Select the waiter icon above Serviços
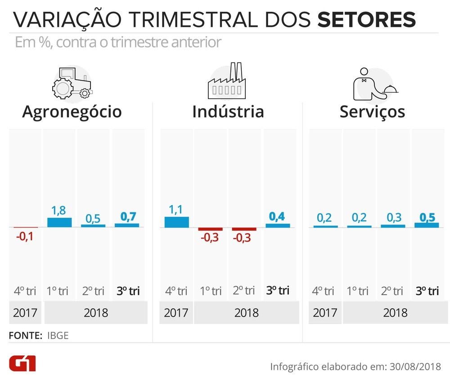tap(374, 84)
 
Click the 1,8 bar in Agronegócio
tap(59, 222)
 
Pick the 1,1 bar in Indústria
tap(177, 222)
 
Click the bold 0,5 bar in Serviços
tap(426, 225)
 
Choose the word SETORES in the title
tap(366, 20)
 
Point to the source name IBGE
tap(58, 335)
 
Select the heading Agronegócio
tap(72, 111)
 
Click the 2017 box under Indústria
tap(176, 312)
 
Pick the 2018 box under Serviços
tap(395, 312)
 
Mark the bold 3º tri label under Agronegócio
tap(128, 291)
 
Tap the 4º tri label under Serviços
tap(323, 291)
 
